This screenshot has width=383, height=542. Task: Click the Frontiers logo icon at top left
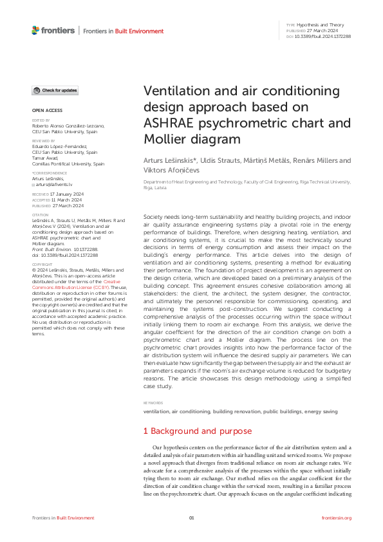35,30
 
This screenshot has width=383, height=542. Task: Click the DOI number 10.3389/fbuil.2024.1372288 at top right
324,37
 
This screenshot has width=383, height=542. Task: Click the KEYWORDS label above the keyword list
154,402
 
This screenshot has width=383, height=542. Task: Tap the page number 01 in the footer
191,518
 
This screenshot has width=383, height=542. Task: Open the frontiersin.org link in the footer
336,518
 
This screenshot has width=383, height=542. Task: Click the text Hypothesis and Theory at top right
319,24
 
